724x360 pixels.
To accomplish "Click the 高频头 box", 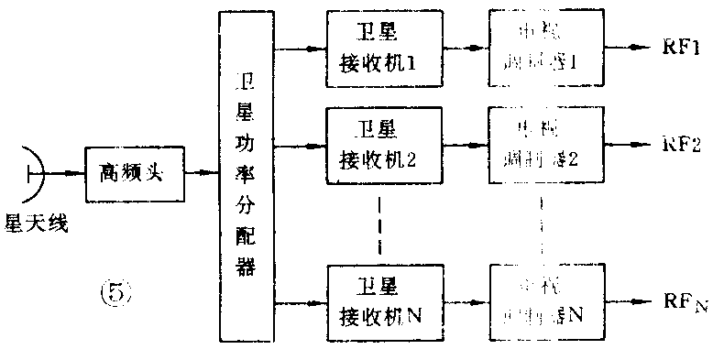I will point(134,170).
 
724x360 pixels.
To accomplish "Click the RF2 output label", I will point(684,144).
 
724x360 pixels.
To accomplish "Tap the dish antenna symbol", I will point(34,170).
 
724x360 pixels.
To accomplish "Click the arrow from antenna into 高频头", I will point(64,170).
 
